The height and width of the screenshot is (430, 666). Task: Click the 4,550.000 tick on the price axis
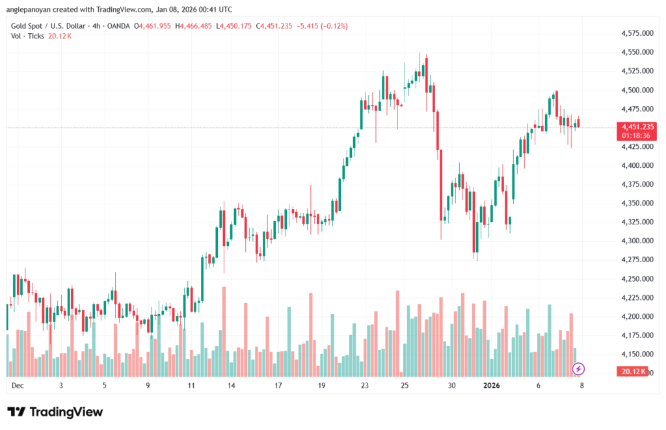tap(637, 52)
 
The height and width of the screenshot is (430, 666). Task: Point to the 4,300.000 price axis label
tap(637, 241)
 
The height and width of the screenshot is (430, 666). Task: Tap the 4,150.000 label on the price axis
tap(637, 354)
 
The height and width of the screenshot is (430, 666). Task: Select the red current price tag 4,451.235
tap(637, 126)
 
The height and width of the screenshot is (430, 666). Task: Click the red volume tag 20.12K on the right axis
tap(632, 371)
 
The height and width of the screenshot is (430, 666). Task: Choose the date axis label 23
tap(365, 386)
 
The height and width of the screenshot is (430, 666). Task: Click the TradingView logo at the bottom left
tap(55, 412)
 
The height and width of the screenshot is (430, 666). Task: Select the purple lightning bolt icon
tap(578, 370)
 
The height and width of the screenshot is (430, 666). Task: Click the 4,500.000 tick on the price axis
tap(637, 90)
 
